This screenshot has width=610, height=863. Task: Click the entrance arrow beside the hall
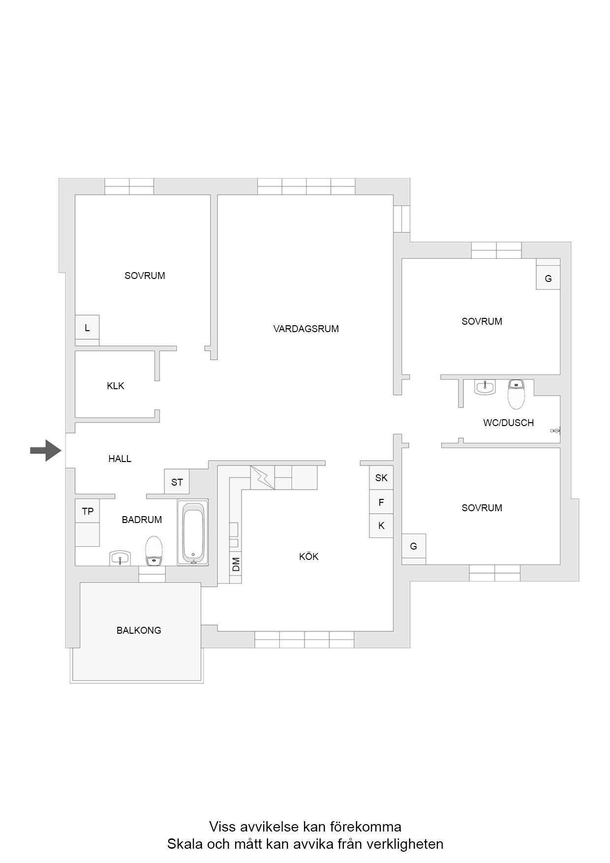click(46, 450)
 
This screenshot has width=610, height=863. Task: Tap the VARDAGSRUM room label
click(306, 329)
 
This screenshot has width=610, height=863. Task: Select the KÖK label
click(309, 556)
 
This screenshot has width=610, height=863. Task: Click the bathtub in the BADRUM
click(193, 532)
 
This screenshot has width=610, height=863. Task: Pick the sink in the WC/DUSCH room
click(485, 387)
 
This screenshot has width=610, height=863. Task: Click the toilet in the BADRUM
click(154, 551)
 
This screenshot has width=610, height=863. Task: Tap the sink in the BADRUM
click(120, 558)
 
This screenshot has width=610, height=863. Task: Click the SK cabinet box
click(381, 477)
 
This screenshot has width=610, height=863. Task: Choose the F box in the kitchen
click(381, 502)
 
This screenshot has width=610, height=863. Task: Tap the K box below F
click(381, 526)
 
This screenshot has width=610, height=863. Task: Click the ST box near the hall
click(177, 482)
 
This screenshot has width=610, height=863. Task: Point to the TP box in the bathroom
click(88, 511)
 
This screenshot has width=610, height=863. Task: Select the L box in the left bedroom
click(87, 328)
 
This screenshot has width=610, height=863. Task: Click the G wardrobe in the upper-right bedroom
click(548, 278)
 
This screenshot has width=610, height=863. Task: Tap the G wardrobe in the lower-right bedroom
click(414, 546)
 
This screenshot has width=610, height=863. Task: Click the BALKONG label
click(139, 630)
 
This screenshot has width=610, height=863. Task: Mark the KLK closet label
click(116, 386)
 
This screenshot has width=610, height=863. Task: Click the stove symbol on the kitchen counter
click(263, 477)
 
